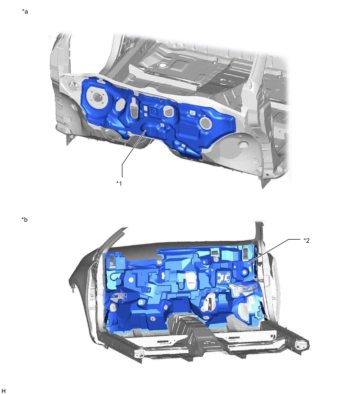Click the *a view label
coord(25,11)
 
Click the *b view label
coord(25,219)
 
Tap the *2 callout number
coord(307,240)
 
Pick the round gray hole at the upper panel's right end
coord(205,123)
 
